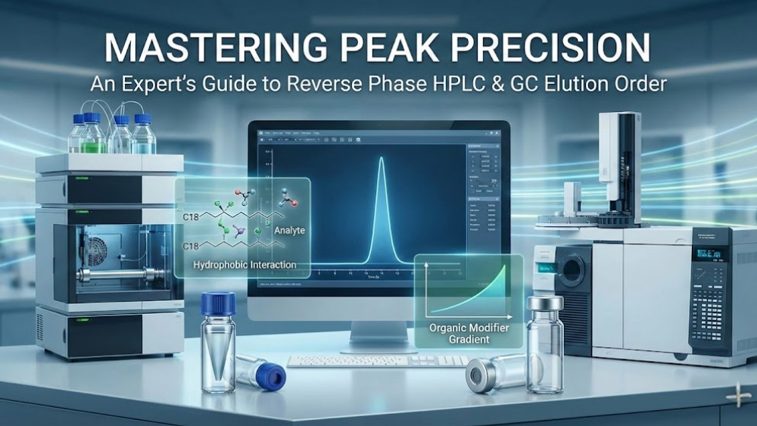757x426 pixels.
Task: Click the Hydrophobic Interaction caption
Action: [x=245, y=266]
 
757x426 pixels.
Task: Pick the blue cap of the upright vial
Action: [x=218, y=303]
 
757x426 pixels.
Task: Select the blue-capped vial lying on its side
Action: [x=261, y=373]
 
